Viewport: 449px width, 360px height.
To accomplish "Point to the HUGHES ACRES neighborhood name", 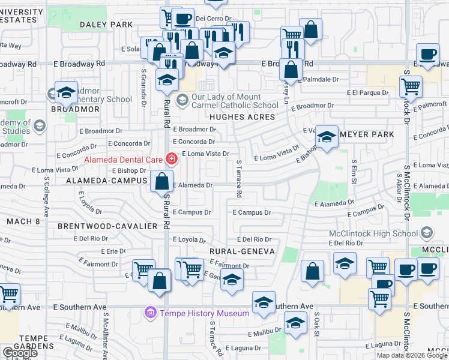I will [x=241, y=117].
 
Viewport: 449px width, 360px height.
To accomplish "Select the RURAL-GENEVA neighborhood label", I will [x=242, y=251].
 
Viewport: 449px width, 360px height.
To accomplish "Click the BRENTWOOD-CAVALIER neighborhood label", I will [x=107, y=226].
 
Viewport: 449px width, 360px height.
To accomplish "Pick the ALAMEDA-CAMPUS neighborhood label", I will [x=107, y=180].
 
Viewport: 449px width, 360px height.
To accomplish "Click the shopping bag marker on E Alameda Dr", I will [x=162, y=181].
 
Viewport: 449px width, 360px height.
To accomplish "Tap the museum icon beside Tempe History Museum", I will [x=150, y=313].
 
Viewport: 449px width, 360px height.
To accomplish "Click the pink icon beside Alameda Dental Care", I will [x=172, y=159].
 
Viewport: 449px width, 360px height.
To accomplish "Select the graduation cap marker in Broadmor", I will [x=65, y=92].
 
